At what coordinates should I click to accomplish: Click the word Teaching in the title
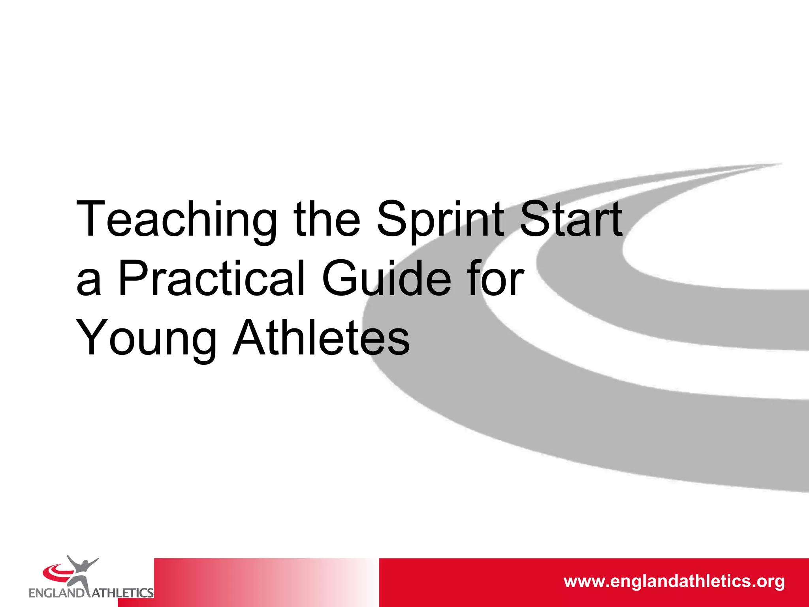176,220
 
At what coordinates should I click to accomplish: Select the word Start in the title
570,220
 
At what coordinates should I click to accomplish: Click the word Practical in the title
212,278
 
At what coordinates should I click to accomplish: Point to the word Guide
387,278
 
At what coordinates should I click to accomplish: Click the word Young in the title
146,338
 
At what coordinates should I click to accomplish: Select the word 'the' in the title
327,220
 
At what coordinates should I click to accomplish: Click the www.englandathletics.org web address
674,582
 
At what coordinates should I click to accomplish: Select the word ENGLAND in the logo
56,593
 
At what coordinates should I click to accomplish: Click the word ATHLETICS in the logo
122,593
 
